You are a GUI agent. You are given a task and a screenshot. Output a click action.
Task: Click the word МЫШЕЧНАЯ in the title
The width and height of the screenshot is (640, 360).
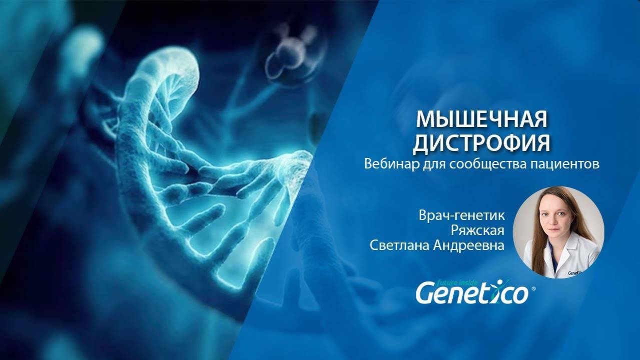[x=482, y=119]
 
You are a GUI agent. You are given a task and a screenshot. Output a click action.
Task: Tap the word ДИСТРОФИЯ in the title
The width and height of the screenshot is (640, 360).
[x=481, y=143]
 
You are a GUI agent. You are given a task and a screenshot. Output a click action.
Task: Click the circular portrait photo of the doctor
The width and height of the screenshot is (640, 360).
[x=563, y=232]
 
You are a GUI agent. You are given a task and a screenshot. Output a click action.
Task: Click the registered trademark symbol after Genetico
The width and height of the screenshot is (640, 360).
[x=533, y=289]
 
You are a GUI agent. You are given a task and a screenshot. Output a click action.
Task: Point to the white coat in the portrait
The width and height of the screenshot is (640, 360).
[x=580, y=255]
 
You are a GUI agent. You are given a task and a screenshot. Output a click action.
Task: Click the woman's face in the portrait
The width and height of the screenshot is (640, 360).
[x=559, y=220]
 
